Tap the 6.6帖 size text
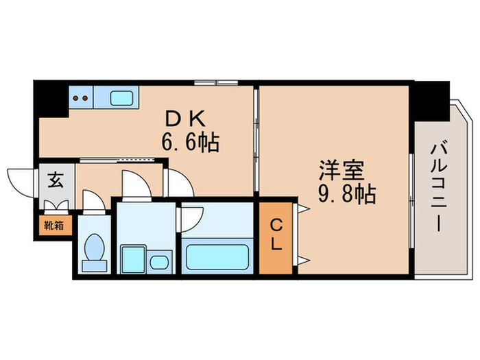point(190,143)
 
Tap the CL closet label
point(276,234)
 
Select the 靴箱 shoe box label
point(54,224)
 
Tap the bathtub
point(217,258)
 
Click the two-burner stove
point(81,97)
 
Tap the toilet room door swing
point(93,200)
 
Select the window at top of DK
point(215,84)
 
